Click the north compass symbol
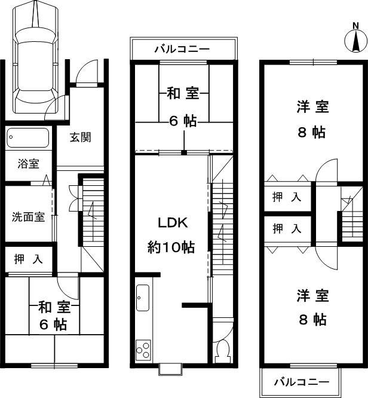(355, 41)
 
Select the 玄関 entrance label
(80, 137)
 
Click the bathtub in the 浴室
(28, 139)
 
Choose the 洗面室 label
(29, 216)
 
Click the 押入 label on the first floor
(28, 259)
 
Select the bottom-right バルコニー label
(302, 382)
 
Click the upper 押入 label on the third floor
(287, 198)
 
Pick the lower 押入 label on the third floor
(287, 228)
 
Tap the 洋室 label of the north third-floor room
(312, 108)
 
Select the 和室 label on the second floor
(183, 93)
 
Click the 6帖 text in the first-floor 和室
(54, 326)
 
